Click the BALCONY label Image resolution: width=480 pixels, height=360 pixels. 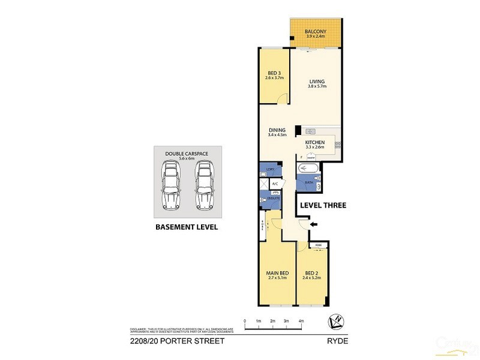pyautogui.click(x=315, y=32)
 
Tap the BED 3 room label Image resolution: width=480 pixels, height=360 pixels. pyautogui.click(x=275, y=74)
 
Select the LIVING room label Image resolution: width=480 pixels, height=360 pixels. pyautogui.click(x=317, y=82)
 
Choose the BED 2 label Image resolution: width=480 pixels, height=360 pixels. pyautogui.click(x=311, y=274)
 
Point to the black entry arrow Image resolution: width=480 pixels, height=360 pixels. pyautogui.click(x=314, y=224)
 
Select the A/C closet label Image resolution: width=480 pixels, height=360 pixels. pyautogui.click(x=274, y=184)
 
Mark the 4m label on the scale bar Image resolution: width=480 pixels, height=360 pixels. pyautogui.click(x=301, y=321)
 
